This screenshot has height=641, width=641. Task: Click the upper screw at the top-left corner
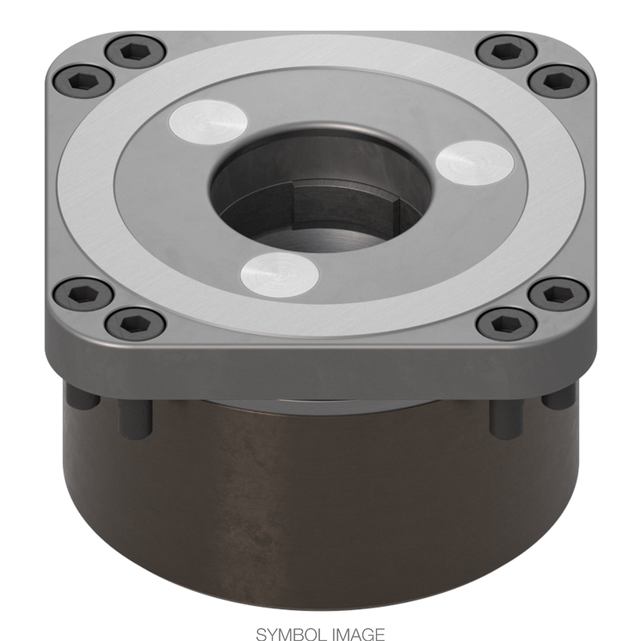(135, 53)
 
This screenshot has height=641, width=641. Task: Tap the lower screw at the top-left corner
(84, 83)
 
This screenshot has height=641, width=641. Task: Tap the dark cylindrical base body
(320, 499)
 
